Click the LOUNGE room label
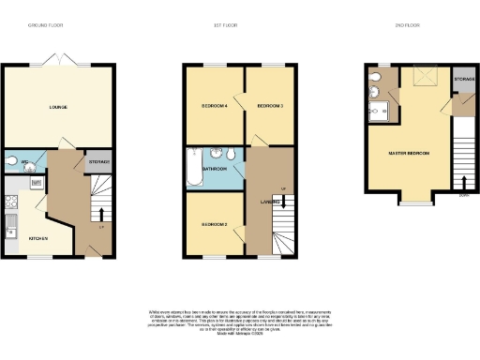click(x=57, y=107)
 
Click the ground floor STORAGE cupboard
click(x=99, y=162)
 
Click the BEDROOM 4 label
click(x=215, y=106)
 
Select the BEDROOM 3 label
click(x=270, y=106)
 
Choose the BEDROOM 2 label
click(x=215, y=225)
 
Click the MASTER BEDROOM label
click(x=409, y=152)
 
